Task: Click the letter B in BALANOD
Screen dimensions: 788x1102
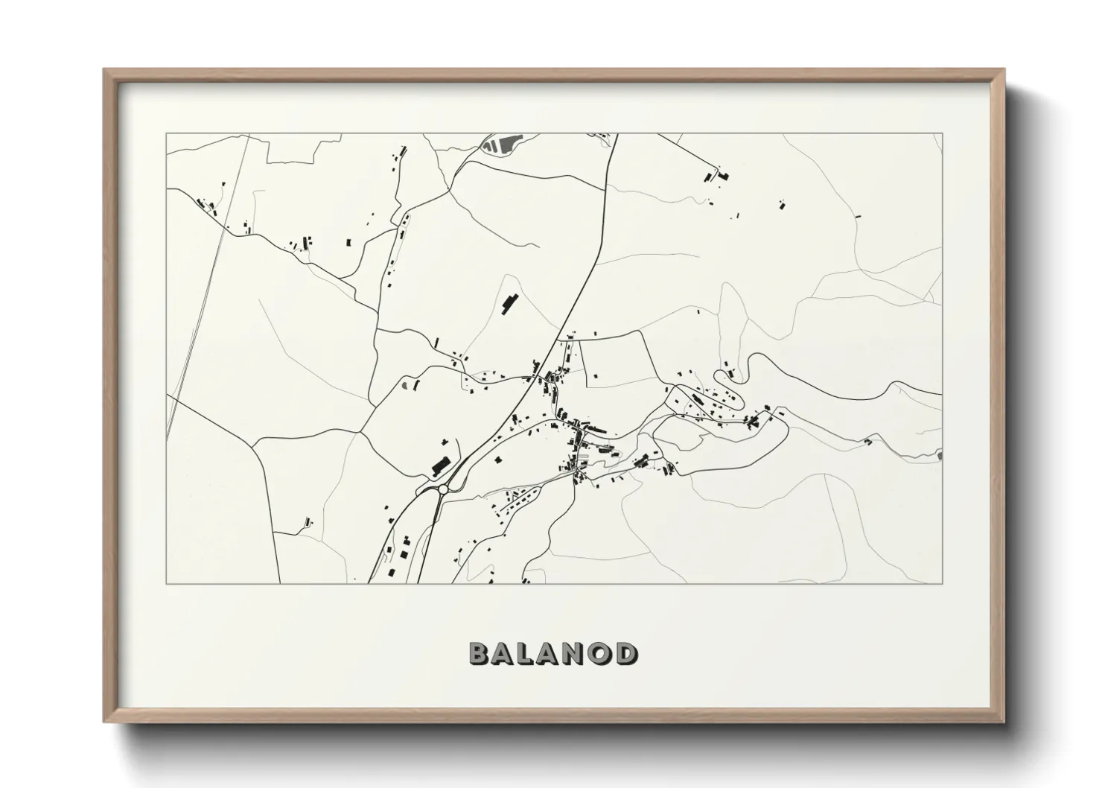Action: point(480,653)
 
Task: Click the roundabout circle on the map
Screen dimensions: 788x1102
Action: point(443,489)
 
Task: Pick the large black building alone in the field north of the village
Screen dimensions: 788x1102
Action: point(510,302)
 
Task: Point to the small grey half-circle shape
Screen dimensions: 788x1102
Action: point(406,386)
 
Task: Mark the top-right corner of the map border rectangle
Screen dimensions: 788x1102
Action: point(942,134)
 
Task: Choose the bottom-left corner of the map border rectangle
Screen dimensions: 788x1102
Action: point(167,583)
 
